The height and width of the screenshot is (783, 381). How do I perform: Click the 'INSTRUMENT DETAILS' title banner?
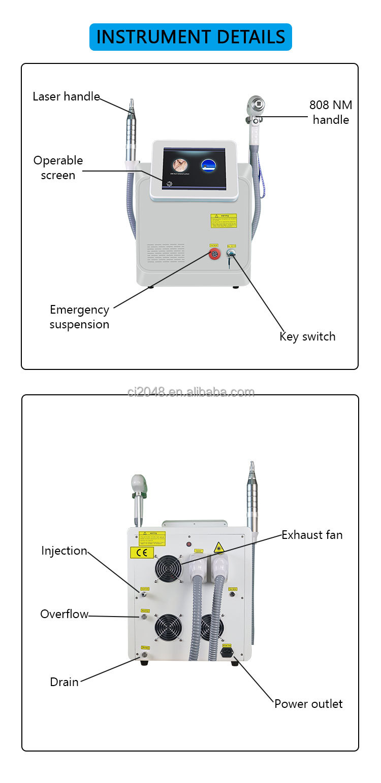coord(190,37)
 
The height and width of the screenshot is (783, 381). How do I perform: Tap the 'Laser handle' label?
coord(66,96)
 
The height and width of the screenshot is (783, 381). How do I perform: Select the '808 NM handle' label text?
coord(331,112)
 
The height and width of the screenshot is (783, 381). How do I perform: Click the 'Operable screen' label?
coord(58,167)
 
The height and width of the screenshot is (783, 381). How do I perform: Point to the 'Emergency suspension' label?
coord(79,317)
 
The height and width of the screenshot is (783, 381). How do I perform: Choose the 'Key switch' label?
coord(307,336)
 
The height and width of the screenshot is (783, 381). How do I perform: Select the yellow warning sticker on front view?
coord(224,220)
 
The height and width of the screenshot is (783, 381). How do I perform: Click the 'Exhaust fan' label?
coord(312,534)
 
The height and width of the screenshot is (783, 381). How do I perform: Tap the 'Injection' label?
coord(64,551)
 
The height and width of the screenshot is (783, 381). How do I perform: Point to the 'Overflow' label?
coord(64,614)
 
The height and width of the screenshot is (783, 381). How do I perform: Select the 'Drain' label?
coord(64,682)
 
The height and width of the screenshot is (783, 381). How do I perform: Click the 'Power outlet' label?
coord(308,703)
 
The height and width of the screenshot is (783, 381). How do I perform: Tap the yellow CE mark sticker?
coord(142,553)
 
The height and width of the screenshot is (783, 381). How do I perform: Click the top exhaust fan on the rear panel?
coord(168,568)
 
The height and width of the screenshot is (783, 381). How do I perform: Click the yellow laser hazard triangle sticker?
coord(219,548)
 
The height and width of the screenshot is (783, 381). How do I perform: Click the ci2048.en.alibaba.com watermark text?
coord(191,392)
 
